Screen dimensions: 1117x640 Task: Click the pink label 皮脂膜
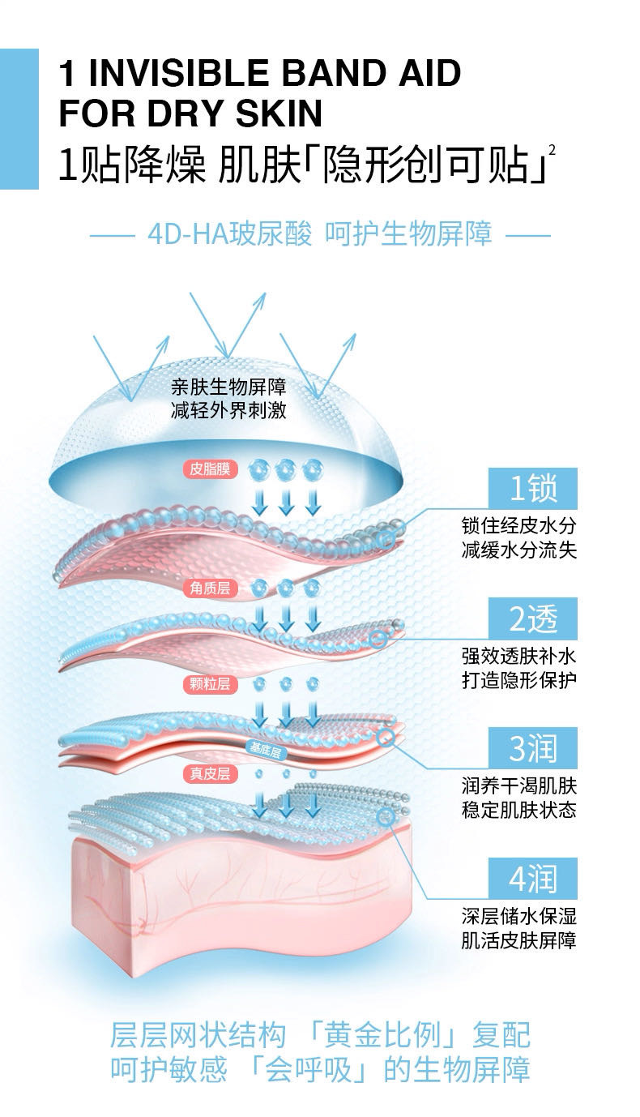(x=210, y=468)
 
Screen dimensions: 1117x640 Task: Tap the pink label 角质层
(x=210, y=588)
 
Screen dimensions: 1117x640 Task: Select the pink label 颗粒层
(x=210, y=684)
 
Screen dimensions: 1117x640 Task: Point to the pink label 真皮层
(x=210, y=774)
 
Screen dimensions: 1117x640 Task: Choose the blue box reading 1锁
(x=534, y=488)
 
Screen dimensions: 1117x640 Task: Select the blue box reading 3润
(x=534, y=748)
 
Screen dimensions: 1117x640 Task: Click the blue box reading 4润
(x=534, y=879)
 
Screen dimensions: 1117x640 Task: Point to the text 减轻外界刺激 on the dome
(x=228, y=411)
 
